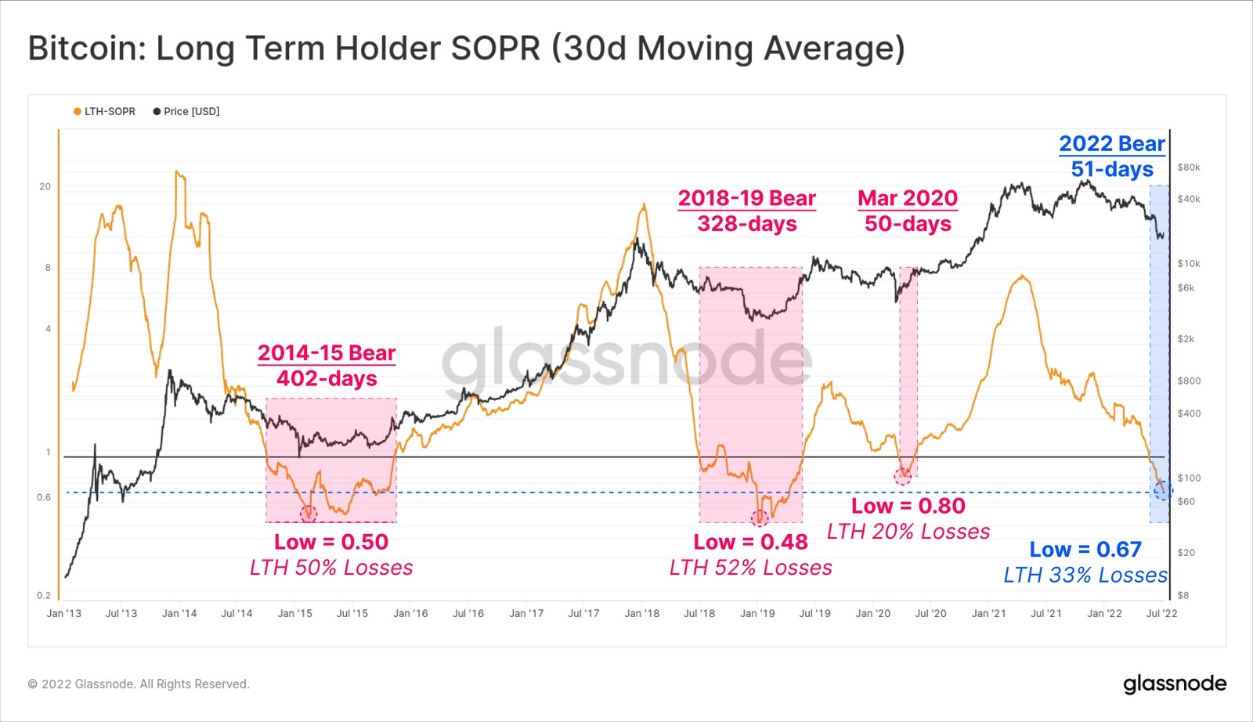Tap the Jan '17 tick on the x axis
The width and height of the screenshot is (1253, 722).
(x=526, y=613)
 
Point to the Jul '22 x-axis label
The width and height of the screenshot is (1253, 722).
(x=1161, y=613)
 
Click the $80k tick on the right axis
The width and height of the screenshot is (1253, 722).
(x=1188, y=167)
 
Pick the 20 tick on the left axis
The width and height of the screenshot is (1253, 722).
(x=45, y=186)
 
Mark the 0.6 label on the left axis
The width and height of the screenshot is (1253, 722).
(x=44, y=497)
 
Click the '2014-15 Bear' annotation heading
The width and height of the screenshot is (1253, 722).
(x=327, y=353)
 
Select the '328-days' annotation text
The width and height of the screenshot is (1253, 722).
(x=747, y=224)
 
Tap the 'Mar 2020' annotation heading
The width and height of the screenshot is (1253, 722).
(x=908, y=198)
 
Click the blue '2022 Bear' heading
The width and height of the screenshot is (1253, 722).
(x=1112, y=144)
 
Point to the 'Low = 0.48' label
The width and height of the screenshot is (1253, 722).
(x=750, y=542)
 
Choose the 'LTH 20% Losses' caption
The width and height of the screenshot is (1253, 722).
(x=908, y=532)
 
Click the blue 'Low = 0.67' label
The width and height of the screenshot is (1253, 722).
(x=1085, y=550)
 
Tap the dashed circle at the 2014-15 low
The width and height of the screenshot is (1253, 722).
(x=309, y=514)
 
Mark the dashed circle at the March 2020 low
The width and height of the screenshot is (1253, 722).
(x=903, y=476)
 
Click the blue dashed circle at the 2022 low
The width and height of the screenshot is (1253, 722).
(x=1162, y=491)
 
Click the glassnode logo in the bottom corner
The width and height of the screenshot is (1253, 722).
(x=1175, y=684)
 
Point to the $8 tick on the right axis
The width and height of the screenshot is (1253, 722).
(x=1183, y=595)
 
